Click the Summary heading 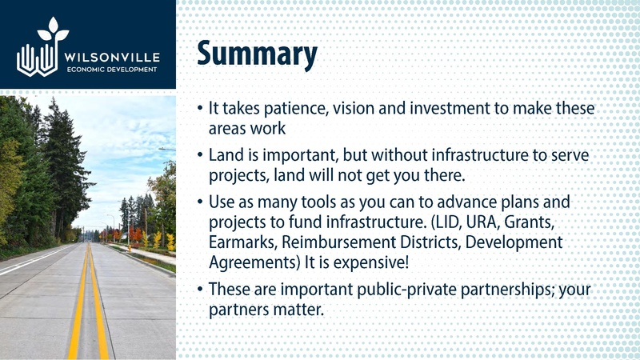(x=257, y=54)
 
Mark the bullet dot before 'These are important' (x=200, y=290)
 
